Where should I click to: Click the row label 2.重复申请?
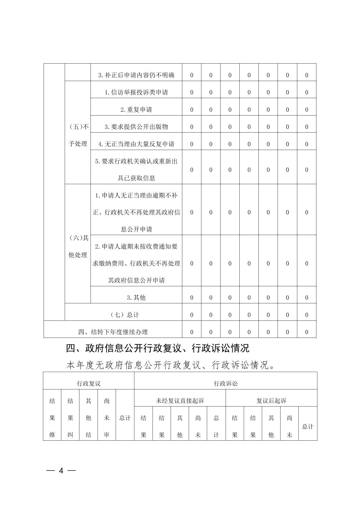136,110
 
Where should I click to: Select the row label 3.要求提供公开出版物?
136,127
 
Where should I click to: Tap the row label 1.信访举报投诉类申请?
136,92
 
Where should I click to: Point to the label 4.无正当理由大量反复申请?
136,144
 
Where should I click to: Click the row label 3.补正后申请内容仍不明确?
136,75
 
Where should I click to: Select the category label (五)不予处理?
78,135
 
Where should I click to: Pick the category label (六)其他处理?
78,246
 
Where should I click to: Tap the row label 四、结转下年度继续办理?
113,332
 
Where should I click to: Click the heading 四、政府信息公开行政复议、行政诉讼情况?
158,348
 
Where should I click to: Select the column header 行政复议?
88,383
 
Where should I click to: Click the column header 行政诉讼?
226,383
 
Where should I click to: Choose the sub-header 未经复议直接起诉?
180,401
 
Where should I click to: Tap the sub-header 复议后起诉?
271,401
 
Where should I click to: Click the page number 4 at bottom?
61,470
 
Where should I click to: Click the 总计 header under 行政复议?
125,418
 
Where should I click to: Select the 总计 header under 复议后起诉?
307,426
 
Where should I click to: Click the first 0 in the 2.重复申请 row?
192,110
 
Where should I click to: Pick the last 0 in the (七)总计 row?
306,315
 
